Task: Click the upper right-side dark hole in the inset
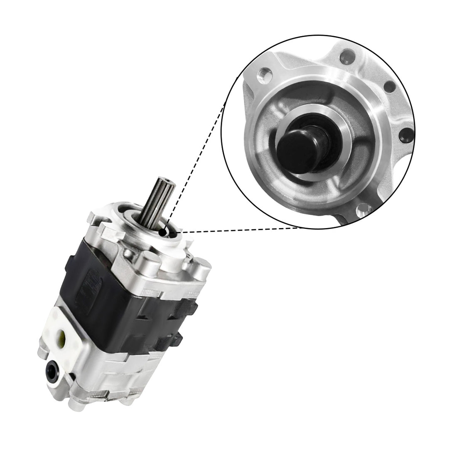[x=390, y=88]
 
